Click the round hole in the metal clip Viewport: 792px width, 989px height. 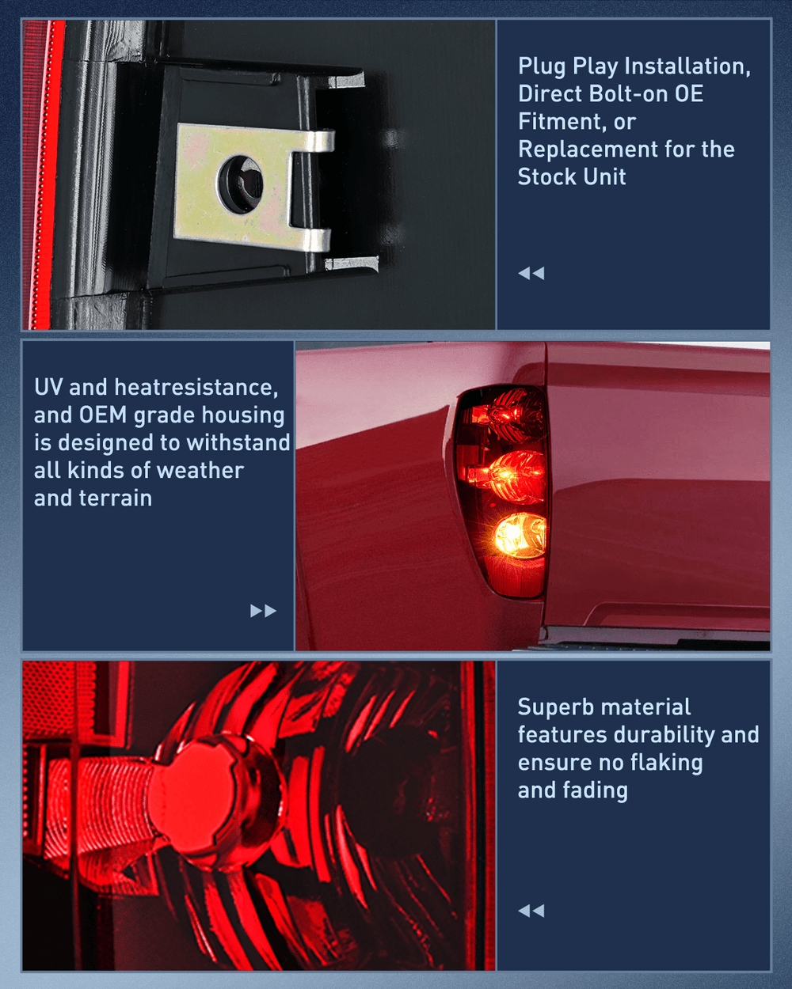pos(241,184)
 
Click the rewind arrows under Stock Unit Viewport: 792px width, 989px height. pos(531,274)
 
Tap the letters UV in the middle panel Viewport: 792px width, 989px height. pos(48,387)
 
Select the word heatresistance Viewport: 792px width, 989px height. pos(196,388)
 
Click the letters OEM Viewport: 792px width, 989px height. pos(103,415)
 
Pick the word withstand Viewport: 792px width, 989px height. pos(238,442)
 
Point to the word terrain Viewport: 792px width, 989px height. pos(115,498)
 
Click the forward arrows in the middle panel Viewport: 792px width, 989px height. pos(263,611)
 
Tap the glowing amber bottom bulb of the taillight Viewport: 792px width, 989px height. pos(520,536)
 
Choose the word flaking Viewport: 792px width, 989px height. pos(666,763)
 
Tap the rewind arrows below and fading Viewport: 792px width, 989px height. pos(531,911)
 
